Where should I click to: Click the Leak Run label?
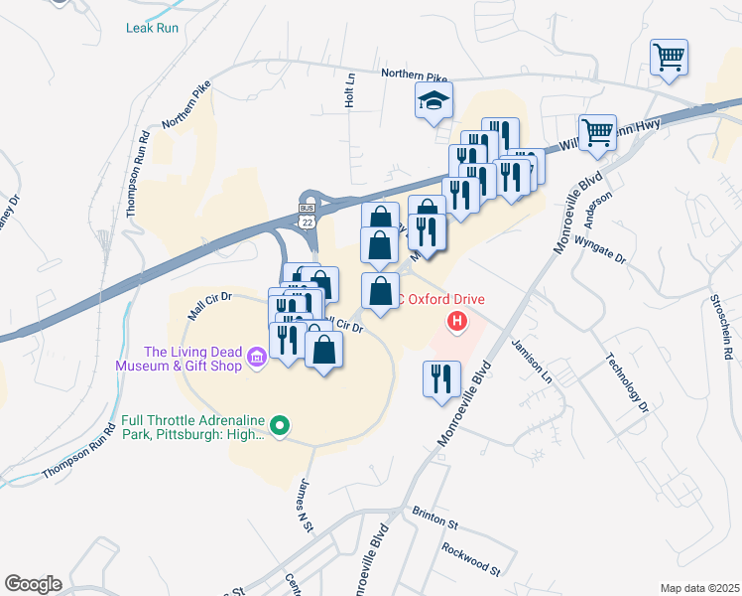click(152, 28)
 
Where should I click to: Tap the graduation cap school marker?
click(433, 101)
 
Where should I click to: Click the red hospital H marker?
click(457, 321)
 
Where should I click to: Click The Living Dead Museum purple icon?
click(257, 357)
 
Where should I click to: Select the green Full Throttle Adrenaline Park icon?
click(280, 427)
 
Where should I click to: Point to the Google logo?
click(33, 584)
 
